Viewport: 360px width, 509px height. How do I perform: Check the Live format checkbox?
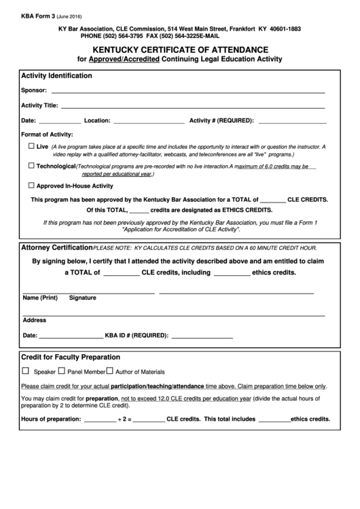coord(31,146)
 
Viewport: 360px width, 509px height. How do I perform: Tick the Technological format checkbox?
coord(31,165)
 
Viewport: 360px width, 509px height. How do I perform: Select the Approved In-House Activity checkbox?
coord(31,185)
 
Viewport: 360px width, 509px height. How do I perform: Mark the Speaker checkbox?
coord(26,371)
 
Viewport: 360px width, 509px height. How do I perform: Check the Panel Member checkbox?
coord(61,371)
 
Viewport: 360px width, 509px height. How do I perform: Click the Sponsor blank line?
coord(187,91)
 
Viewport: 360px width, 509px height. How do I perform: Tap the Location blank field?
coord(148,122)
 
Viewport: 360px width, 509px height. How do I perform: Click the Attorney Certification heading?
coord(57,247)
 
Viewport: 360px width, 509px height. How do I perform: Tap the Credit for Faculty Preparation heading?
coord(71,357)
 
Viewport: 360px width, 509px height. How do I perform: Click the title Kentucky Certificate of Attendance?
coord(179,50)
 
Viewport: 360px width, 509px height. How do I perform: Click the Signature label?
coord(82,298)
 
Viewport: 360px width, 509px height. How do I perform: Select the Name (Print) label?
coord(40,298)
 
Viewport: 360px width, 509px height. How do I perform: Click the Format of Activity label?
coord(47,135)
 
